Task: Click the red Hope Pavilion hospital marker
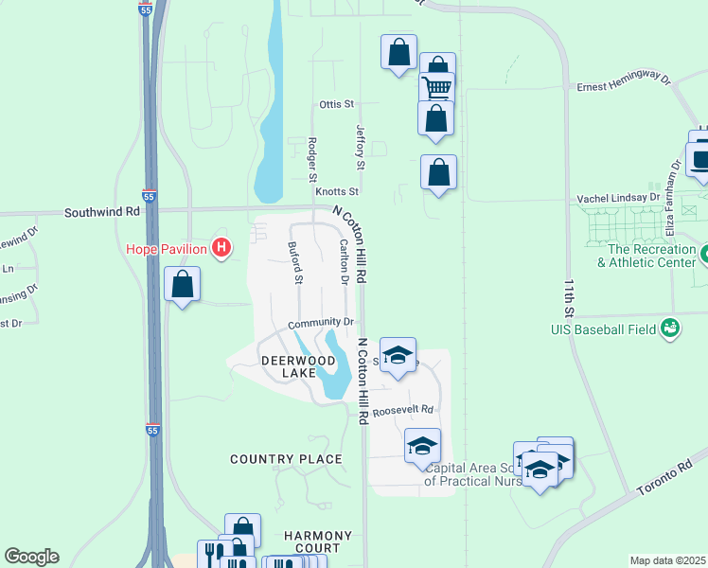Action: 221,249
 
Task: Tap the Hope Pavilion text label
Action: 168,250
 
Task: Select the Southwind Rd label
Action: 102,212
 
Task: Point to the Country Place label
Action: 286,459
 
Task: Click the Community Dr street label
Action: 320,323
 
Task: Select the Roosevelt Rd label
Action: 402,411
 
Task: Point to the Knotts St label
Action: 338,191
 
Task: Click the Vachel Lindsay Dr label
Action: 618,198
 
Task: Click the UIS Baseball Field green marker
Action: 671,328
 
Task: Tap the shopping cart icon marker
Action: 436,88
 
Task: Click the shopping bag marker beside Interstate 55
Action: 182,283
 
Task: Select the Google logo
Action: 31,557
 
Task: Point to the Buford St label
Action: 294,262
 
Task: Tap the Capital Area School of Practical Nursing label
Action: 473,474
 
